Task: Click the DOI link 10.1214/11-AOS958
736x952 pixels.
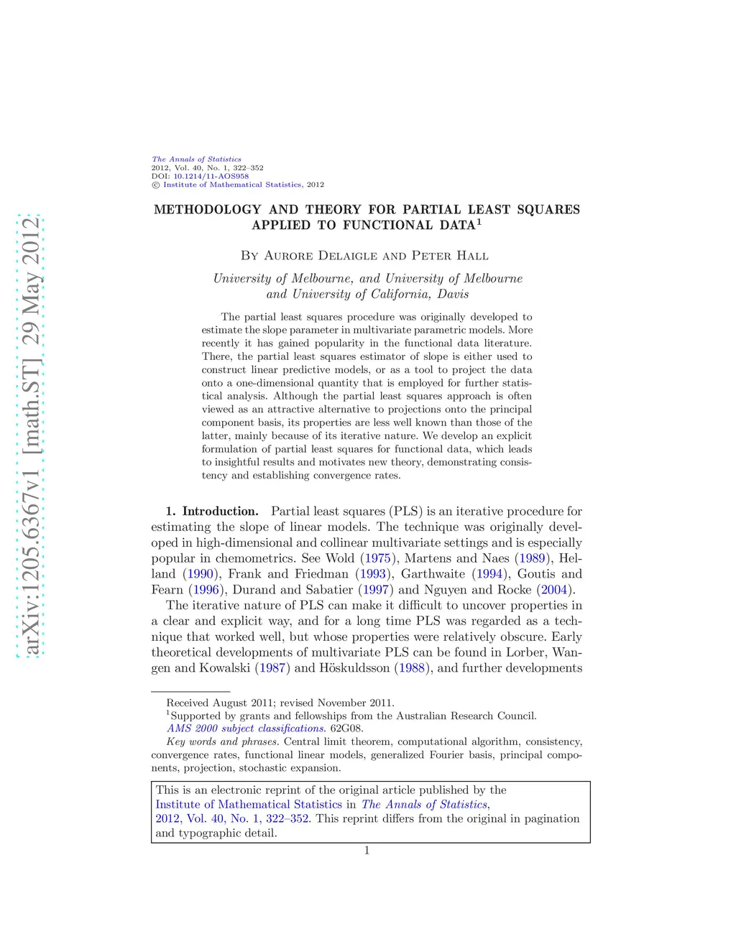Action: click(211, 176)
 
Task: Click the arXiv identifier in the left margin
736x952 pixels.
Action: click(31, 435)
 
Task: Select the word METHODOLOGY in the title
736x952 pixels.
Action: click(207, 210)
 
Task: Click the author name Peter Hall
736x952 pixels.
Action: click(450, 256)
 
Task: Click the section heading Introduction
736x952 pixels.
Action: click(220, 512)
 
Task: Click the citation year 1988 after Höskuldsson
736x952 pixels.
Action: click(412, 668)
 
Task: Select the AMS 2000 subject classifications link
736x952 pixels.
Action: click(246, 729)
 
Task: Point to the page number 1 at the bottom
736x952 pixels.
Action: click(367, 851)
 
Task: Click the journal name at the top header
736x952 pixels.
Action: click(196, 160)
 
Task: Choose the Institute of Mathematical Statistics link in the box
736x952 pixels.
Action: click(249, 805)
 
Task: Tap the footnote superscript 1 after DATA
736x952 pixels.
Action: click(479, 221)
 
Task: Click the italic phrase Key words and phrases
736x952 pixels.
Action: click(222, 741)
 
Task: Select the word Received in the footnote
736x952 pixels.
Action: click(188, 703)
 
